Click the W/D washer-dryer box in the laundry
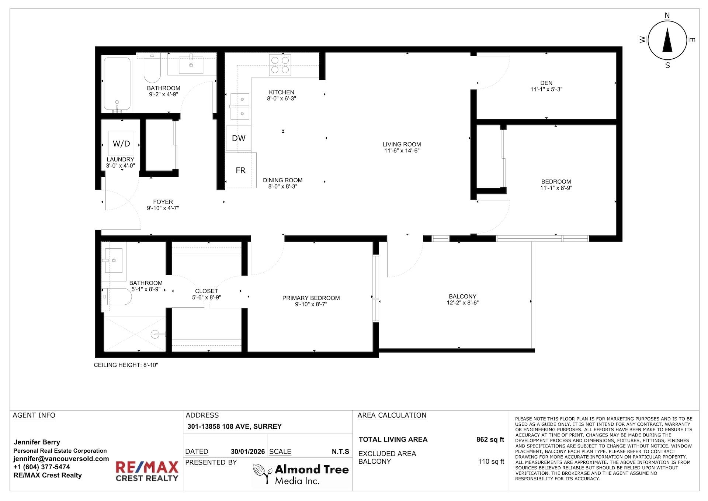(x=121, y=144)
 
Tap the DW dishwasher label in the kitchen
(x=239, y=138)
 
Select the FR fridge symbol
(x=241, y=170)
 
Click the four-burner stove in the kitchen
(x=280, y=65)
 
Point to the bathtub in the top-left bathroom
(x=117, y=84)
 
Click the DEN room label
(x=546, y=83)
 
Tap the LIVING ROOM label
(x=402, y=144)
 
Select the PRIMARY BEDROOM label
(x=311, y=298)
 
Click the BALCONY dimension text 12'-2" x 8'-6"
(x=462, y=303)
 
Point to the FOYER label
(x=163, y=202)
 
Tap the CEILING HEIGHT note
(x=126, y=365)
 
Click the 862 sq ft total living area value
(x=490, y=439)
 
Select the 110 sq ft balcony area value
(x=491, y=462)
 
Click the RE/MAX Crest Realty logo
(x=147, y=471)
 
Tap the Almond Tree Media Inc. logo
(x=301, y=474)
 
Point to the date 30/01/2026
(x=248, y=452)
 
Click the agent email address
(x=61, y=459)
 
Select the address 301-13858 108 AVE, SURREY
(x=235, y=426)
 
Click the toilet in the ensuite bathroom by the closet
(x=119, y=297)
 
